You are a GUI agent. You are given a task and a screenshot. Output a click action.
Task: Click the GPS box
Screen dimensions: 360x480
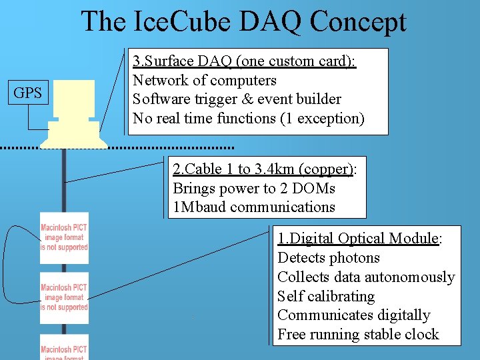pos(27,93)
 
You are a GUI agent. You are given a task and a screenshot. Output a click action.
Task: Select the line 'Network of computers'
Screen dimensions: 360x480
pos(204,81)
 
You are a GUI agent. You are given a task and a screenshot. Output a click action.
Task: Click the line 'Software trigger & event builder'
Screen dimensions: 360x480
pos(237,99)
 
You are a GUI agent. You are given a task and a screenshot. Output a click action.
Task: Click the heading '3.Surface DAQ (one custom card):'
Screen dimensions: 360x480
pos(244,61)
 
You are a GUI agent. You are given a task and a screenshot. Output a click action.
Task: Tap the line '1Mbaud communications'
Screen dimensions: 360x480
pos(253,207)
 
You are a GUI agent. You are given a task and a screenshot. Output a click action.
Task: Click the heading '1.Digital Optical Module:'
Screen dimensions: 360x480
pos(359,239)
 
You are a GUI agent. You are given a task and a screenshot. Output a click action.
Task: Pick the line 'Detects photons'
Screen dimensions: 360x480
pos(328,258)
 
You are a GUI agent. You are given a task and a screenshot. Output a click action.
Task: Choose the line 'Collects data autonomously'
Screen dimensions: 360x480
pos(365,277)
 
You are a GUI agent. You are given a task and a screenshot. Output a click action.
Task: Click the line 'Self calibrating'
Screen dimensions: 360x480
pos(326,297)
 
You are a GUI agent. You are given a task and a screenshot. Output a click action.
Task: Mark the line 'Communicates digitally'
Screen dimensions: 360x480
pos(353,315)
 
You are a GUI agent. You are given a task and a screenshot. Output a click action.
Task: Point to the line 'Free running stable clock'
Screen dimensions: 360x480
pos(358,335)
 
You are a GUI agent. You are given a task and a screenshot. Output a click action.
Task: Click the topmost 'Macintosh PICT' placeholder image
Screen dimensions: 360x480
pos(64,238)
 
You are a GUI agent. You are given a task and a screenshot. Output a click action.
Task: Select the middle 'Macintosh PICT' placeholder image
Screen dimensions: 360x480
pos(64,298)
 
